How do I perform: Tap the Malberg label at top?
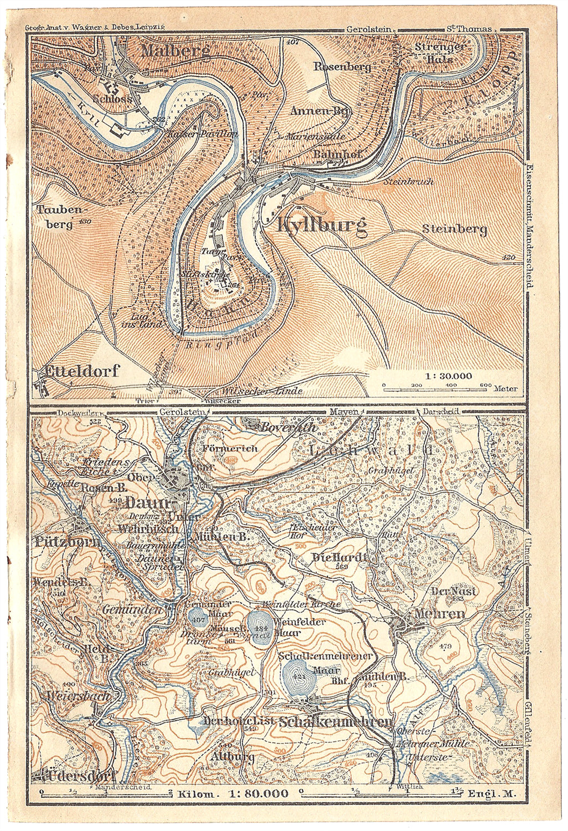(x=175, y=52)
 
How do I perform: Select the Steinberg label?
(x=454, y=229)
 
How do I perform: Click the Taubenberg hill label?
(x=56, y=217)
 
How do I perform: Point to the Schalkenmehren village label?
(x=337, y=722)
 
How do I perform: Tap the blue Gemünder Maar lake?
(x=197, y=618)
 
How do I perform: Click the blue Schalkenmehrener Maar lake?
(x=298, y=675)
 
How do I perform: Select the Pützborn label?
(x=68, y=541)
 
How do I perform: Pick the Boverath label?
(x=281, y=427)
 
